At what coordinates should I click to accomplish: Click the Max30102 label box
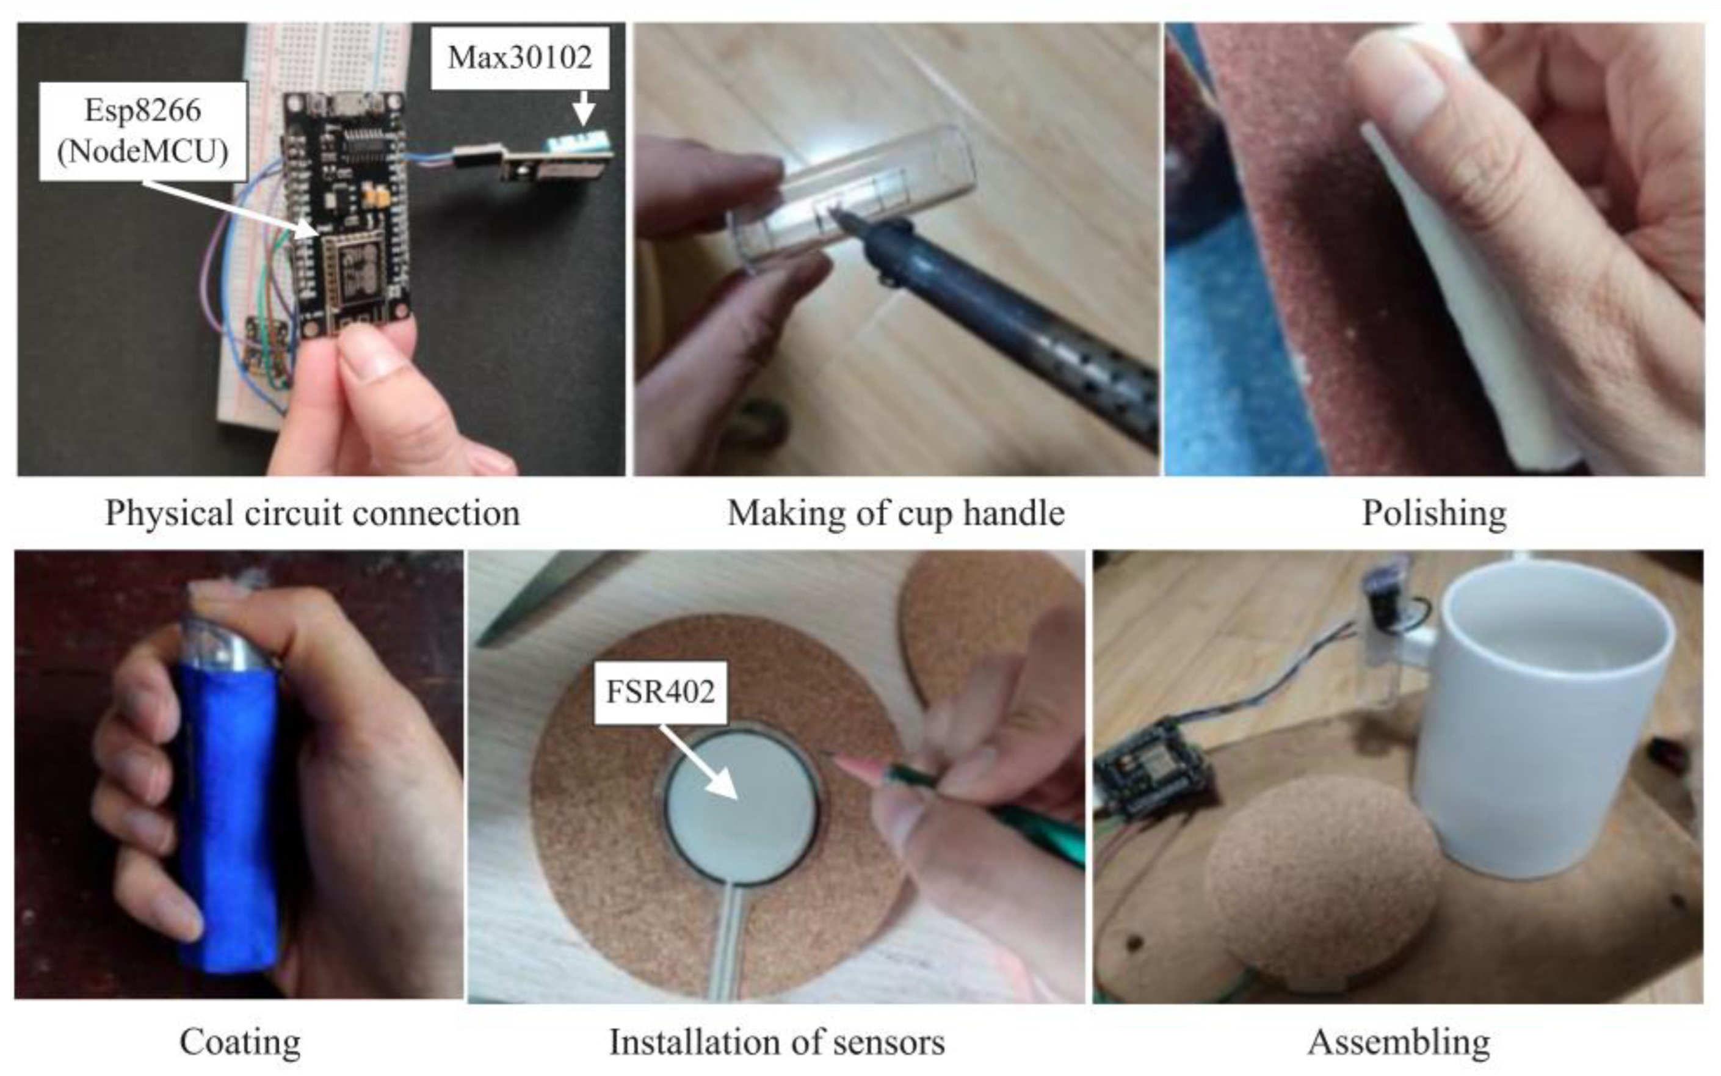point(520,57)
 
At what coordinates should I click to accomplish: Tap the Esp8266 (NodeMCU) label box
point(143,131)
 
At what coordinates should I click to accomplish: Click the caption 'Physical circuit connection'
point(313,513)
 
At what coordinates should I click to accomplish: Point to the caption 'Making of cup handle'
point(896,513)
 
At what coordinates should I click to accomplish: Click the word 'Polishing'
point(1434,513)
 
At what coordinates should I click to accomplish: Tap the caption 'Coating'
point(240,1042)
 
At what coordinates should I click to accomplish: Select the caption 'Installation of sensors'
point(777,1042)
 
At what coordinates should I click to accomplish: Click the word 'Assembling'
point(1399,1042)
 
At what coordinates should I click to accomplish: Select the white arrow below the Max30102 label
point(584,107)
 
